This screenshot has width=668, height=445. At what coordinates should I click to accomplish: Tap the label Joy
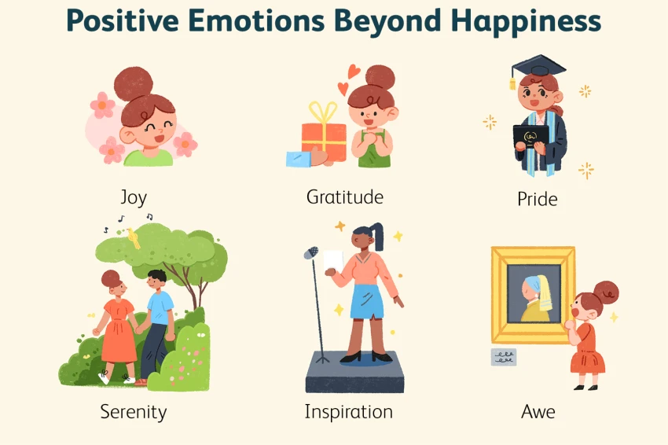133,197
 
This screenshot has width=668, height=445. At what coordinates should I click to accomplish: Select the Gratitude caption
344,197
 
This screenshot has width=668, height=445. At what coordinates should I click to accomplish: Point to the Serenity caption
134,411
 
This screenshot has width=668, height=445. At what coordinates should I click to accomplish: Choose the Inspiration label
349,411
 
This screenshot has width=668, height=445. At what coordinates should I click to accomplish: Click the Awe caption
538,411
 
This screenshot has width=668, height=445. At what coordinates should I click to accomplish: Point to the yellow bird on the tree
134,237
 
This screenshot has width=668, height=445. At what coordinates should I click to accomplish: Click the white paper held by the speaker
333,262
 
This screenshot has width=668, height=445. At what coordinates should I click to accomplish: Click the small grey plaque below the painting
504,358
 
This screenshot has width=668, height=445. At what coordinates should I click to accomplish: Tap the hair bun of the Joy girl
133,82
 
